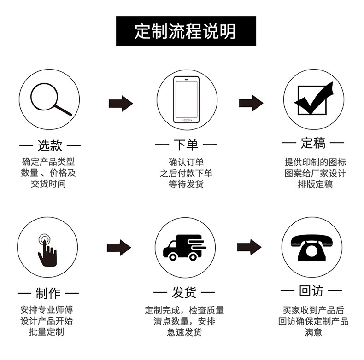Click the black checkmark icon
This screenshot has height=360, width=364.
313,99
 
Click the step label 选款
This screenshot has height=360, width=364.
50,145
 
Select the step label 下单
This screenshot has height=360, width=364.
186,145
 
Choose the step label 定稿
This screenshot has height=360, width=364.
313,144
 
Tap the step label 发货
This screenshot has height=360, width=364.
184,293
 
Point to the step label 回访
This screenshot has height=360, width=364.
311,291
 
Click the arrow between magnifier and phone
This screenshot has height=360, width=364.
121,103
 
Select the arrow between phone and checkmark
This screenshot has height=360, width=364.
251,103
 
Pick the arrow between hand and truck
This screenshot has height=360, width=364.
119,248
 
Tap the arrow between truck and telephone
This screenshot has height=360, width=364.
249,247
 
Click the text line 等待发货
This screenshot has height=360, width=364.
186,185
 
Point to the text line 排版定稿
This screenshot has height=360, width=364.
315,185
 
